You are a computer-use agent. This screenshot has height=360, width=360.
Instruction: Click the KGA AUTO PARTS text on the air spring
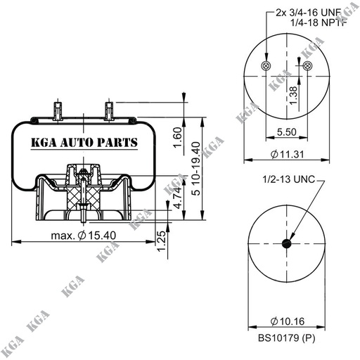click(84, 143)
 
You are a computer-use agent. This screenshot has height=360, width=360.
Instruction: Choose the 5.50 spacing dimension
click(286, 131)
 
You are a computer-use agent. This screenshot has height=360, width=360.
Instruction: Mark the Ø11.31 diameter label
click(286, 154)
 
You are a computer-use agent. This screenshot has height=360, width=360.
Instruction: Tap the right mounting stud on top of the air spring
click(110, 110)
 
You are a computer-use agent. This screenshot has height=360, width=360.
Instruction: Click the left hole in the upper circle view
click(264, 66)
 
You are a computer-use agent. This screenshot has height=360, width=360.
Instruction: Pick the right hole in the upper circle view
click(308, 65)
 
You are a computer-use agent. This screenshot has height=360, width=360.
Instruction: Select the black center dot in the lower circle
click(286, 243)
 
